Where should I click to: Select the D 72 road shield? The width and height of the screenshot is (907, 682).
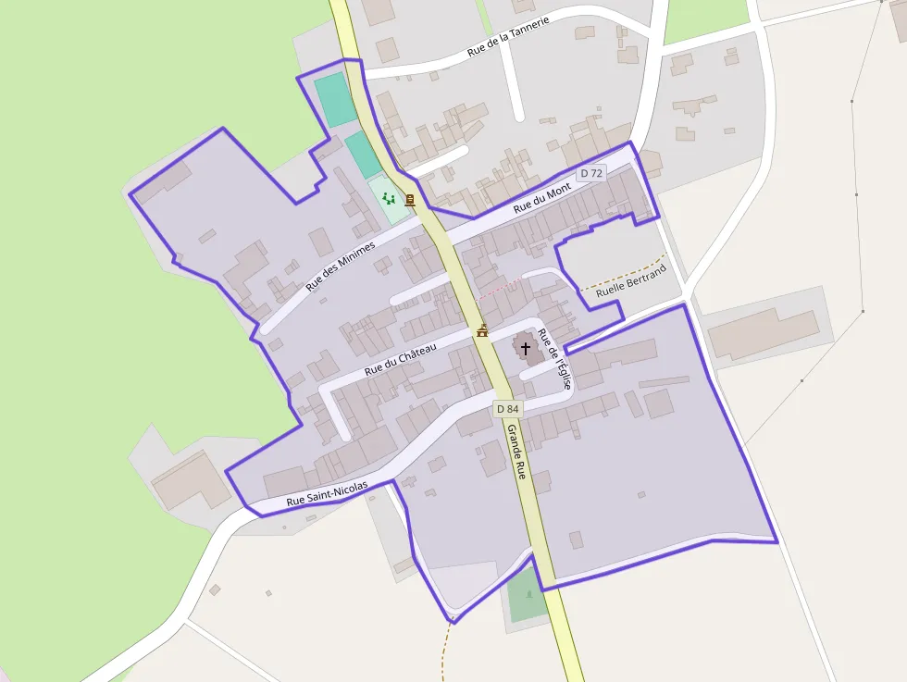[x=590, y=173]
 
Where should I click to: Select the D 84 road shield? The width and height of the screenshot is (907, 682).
[x=507, y=408]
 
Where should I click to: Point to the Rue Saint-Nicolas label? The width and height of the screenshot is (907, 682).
[x=327, y=493]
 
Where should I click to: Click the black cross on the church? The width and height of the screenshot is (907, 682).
[x=526, y=349]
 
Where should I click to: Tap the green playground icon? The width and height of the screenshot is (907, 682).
[x=389, y=198]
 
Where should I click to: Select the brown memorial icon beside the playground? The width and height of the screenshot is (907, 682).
[x=409, y=200]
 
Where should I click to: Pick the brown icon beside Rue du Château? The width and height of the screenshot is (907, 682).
[x=482, y=330]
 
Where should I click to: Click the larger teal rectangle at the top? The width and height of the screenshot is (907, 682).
[x=335, y=100]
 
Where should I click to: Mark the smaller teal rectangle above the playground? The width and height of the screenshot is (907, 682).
[x=364, y=154]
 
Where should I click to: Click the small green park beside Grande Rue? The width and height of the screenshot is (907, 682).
[x=527, y=597]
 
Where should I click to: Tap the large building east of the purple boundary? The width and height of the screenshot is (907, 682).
[x=764, y=333]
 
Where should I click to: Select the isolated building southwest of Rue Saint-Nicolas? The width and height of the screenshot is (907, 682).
[x=191, y=480]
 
